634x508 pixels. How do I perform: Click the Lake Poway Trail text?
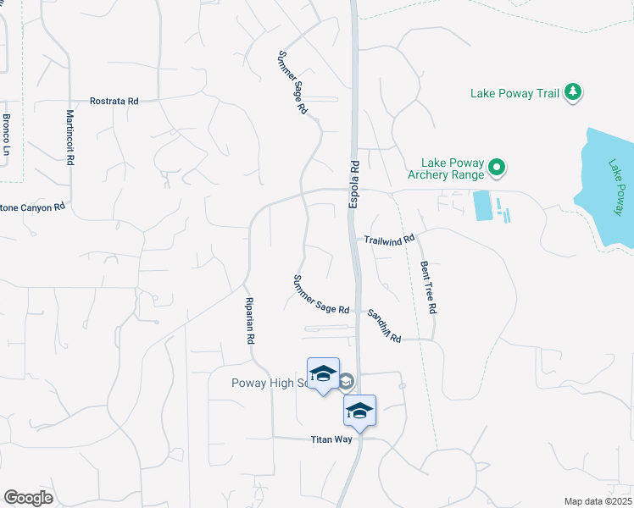click(514, 93)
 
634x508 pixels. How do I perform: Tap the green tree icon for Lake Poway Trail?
click(574, 92)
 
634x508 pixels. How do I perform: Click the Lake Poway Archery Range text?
click(453, 169)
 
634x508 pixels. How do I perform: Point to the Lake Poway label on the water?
click(615, 186)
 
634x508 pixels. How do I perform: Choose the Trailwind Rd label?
click(390, 240)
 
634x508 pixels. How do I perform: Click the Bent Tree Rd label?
click(427, 287)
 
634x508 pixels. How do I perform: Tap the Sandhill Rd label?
click(383, 325)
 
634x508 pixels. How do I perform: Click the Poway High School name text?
click(270, 383)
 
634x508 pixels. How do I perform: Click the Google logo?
click(28, 498)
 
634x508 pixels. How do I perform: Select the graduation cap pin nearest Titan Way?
click(359, 411)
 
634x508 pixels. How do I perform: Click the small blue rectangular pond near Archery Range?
click(482, 206)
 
